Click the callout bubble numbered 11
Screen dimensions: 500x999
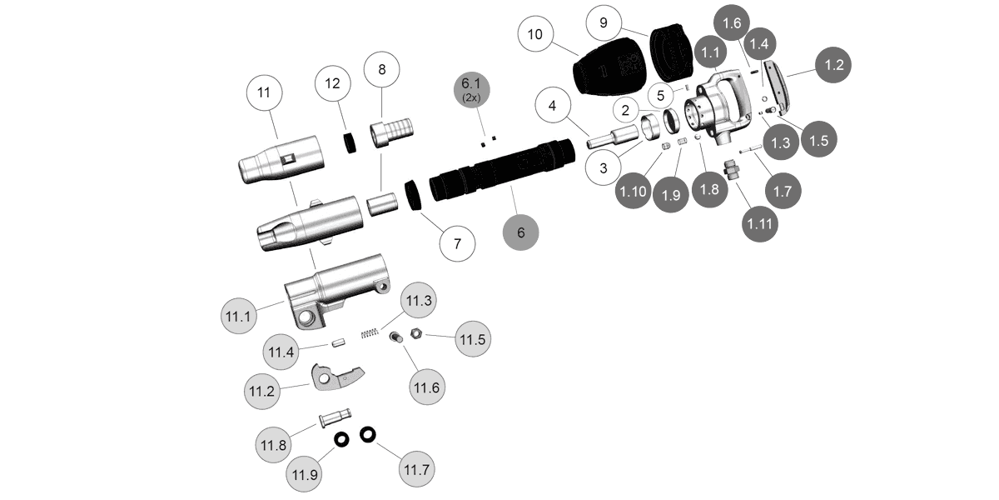click(x=264, y=93)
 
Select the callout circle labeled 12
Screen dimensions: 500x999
click(x=332, y=83)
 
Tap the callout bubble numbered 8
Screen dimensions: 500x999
click(x=381, y=70)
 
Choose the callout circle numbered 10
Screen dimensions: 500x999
click(x=535, y=34)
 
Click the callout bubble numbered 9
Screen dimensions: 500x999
click(x=604, y=23)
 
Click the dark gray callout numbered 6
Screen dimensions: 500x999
click(x=521, y=232)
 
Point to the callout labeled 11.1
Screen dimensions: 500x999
click(x=238, y=317)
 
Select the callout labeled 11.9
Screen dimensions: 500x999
click(x=304, y=474)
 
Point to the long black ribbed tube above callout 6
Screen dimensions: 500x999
click(x=499, y=171)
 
